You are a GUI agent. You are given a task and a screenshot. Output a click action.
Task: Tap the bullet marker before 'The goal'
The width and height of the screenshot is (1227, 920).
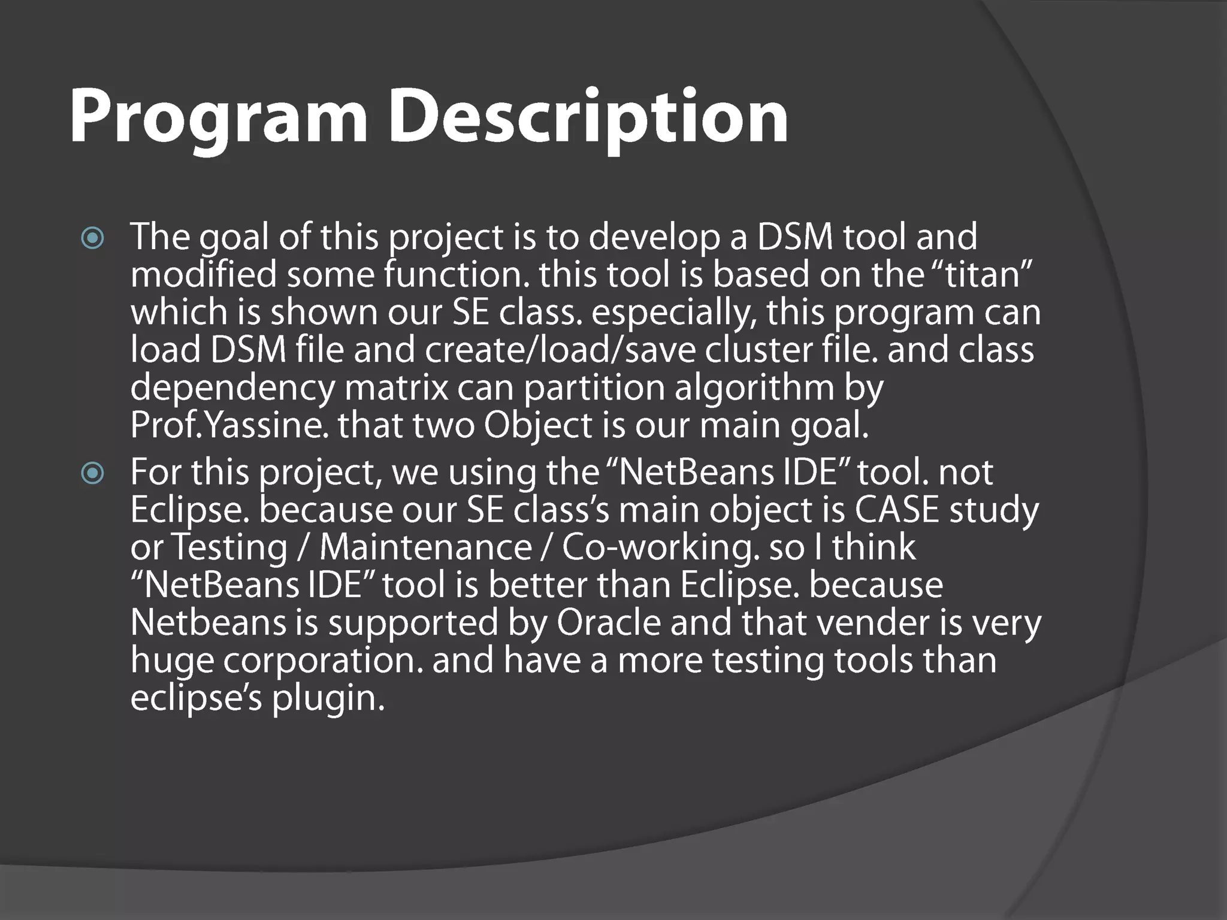[x=93, y=239]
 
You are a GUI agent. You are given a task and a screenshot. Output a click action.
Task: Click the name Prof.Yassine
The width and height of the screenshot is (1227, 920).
[x=229, y=426]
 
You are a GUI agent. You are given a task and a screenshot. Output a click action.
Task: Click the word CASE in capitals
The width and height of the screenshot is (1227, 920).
[x=897, y=510]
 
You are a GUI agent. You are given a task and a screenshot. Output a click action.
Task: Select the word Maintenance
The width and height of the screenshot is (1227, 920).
[x=425, y=547]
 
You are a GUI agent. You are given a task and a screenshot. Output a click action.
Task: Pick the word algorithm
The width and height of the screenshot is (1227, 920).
[x=754, y=388]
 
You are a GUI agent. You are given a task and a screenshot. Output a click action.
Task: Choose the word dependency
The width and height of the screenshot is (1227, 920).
[x=232, y=388]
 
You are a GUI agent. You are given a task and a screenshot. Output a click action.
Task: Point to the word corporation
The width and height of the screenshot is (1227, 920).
[x=323, y=661]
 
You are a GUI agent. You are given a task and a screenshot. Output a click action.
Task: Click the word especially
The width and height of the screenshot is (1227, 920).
[x=674, y=313]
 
